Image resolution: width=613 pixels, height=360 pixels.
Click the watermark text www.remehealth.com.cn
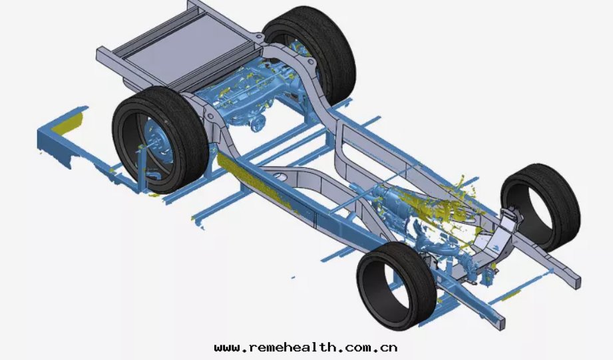coord(306,347)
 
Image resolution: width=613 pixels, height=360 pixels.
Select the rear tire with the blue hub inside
coord(160,140)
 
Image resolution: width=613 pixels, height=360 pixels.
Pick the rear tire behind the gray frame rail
coord(309,55)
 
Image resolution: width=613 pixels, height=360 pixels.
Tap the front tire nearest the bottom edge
coord(397,285)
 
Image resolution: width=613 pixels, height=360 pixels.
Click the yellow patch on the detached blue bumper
coord(69,124)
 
